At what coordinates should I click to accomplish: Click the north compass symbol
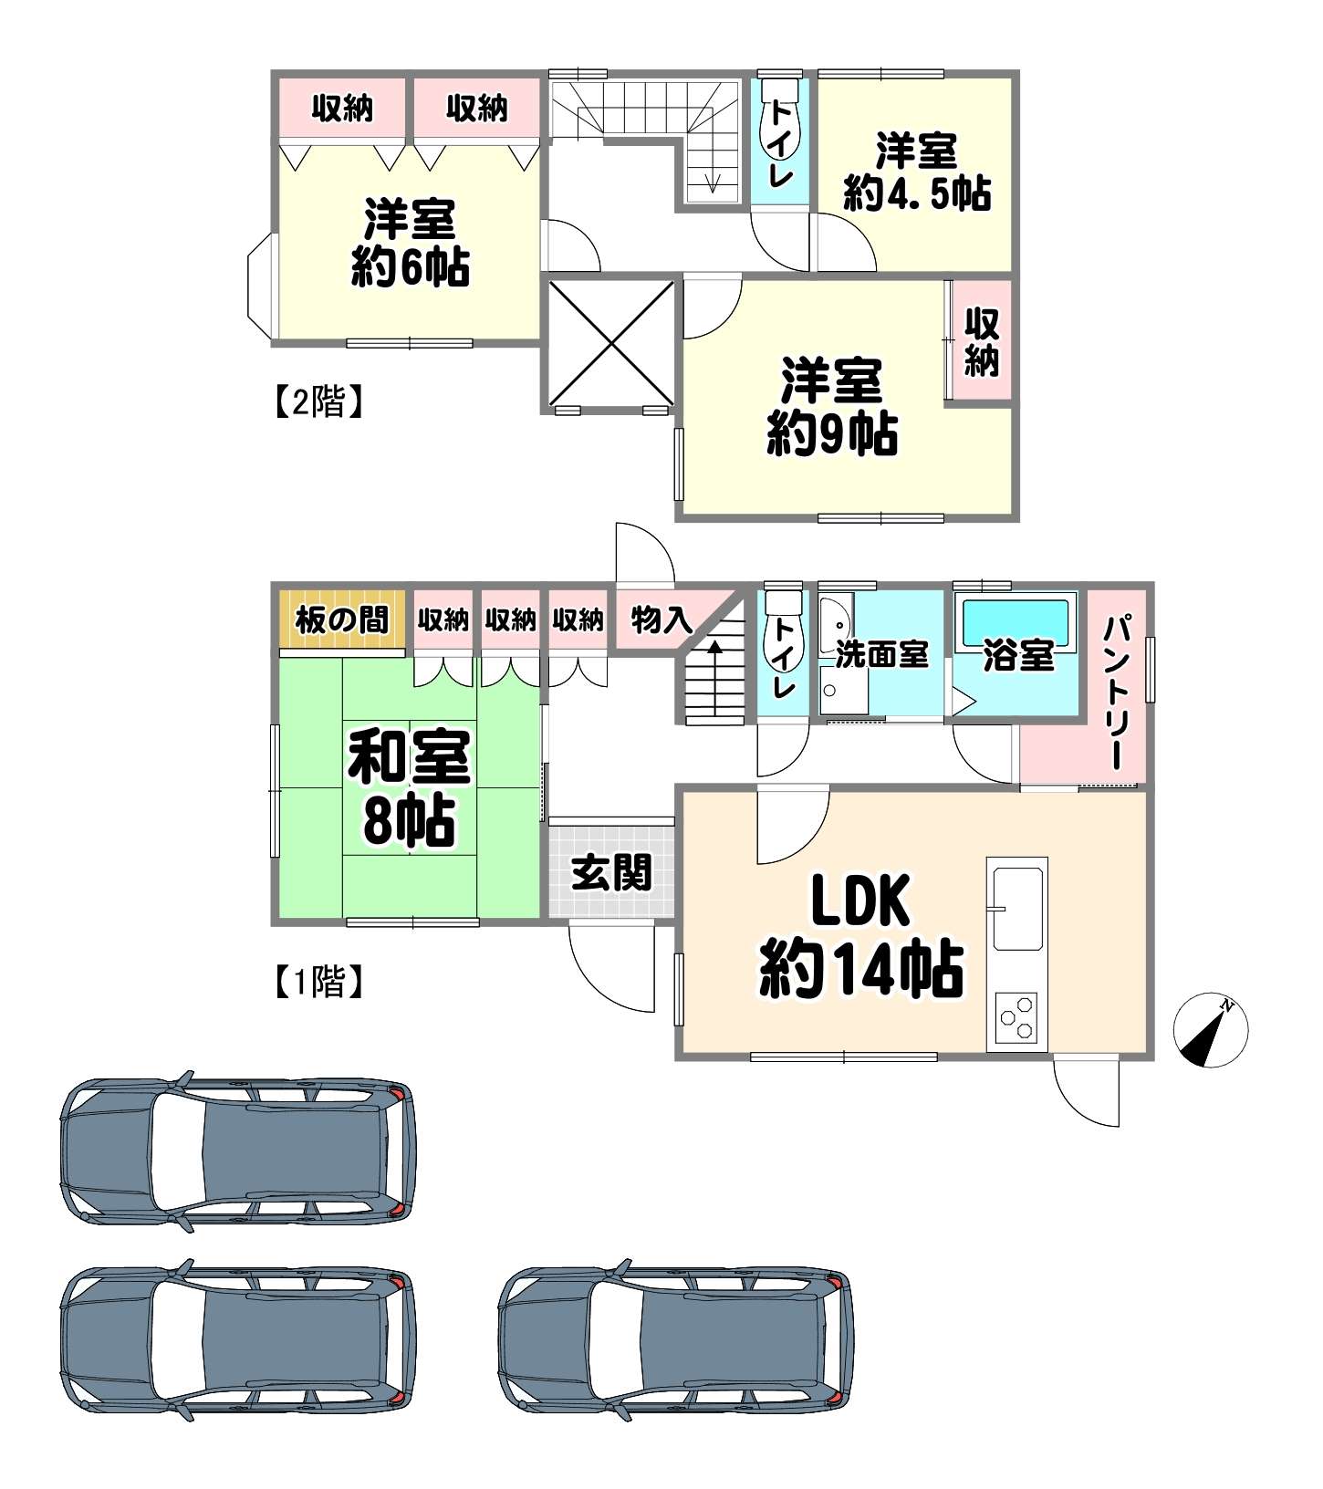click(x=1211, y=1030)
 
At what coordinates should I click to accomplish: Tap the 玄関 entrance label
click(x=612, y=873)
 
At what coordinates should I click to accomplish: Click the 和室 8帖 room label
click(x=409, y=787)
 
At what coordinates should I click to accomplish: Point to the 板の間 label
click(x=342, y=620)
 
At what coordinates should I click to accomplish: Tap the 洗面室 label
click(x=881, y=653)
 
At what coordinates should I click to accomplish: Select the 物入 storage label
click(x=661, y=620)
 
